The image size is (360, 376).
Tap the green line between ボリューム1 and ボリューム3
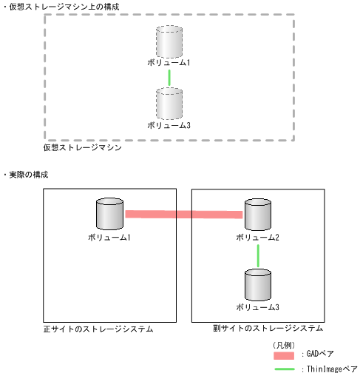click(169, 77)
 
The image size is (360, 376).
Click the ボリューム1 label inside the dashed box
click(169, 62)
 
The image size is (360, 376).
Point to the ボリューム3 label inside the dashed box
click(169, 125)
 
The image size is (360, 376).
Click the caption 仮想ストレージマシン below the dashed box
click(82, 148)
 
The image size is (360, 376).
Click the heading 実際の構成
click(30, 174)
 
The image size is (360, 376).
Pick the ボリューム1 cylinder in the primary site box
click(110, 214)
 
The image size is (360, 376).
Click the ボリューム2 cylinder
click(258, 215)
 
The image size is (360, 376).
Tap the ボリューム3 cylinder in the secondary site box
click(258, 284)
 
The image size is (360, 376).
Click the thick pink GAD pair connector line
click(184, 215)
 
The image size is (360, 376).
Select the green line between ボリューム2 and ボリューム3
click(258, 255)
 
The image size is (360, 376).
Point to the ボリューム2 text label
click(258, 237)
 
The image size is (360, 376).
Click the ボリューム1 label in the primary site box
click(109, 237)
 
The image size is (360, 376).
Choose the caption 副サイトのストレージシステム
click(258, 328)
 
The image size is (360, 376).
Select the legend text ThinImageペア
click(330, 369)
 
